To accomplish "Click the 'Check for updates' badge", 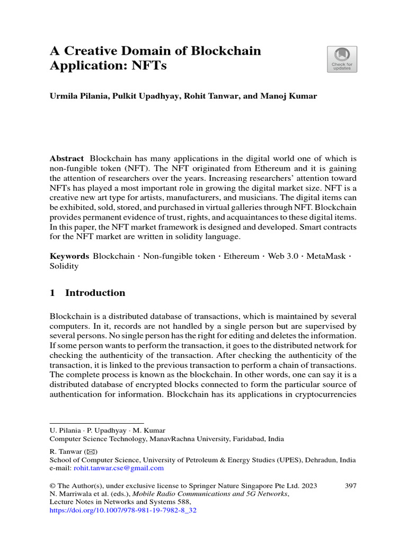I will (342, 59).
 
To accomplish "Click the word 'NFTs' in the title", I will (154, 67).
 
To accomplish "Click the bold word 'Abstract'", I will (67, 159).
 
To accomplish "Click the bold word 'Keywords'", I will (69, 256).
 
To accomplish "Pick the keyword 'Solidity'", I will (64, 266).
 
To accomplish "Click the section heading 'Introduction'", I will (95, 293).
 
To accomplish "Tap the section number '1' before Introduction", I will (52, 293).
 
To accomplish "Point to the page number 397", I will (350, 485).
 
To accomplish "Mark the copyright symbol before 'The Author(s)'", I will (52, 485).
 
